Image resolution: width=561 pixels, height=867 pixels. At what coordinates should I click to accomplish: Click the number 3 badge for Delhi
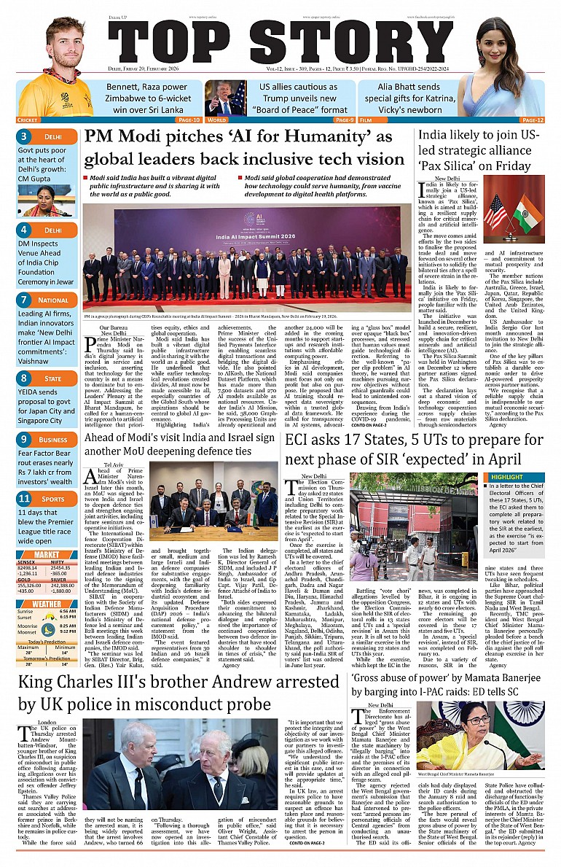[x=24, y=136]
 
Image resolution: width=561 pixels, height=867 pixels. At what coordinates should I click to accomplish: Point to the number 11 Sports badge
[x=24, y=499]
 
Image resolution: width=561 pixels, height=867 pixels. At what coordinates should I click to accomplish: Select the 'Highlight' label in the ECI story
[x=507, y=477]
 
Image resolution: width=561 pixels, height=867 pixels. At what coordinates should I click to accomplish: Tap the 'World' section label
[x=216, y=120]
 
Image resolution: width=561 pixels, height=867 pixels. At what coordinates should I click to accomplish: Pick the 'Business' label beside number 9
[x=52, y=440]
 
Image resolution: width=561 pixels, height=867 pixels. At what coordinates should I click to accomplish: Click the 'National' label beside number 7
[x=53, y=300]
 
